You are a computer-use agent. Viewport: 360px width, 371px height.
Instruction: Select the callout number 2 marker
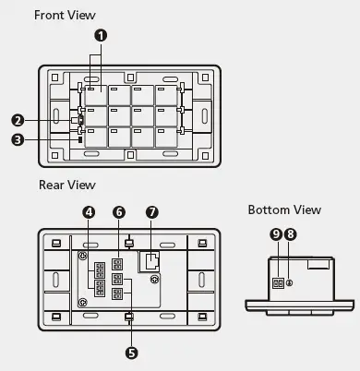point(18,119)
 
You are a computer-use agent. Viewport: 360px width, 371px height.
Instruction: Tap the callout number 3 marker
point(18,140)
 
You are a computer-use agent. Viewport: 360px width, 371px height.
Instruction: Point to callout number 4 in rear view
point(89,212)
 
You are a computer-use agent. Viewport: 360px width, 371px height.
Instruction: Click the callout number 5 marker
point(129,352)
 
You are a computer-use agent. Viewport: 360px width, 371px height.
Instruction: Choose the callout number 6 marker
point(119,212)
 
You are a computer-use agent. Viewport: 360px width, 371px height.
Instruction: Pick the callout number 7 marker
point(153,212)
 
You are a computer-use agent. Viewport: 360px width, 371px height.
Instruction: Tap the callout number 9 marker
point(275,234)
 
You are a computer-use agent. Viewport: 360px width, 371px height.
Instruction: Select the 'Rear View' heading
point(66,185)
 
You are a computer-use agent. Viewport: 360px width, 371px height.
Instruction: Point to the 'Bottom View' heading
point(284,209)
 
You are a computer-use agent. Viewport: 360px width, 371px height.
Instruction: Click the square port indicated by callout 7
point(149,261)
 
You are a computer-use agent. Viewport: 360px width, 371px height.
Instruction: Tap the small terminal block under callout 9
point(276,283)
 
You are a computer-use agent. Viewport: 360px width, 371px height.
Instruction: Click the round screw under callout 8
point(290,282)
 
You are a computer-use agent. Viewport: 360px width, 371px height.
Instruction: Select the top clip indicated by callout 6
point(129,243)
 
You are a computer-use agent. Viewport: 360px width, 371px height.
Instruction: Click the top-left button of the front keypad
point(96,95)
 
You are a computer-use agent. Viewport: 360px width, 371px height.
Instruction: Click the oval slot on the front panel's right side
point(203,118)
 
